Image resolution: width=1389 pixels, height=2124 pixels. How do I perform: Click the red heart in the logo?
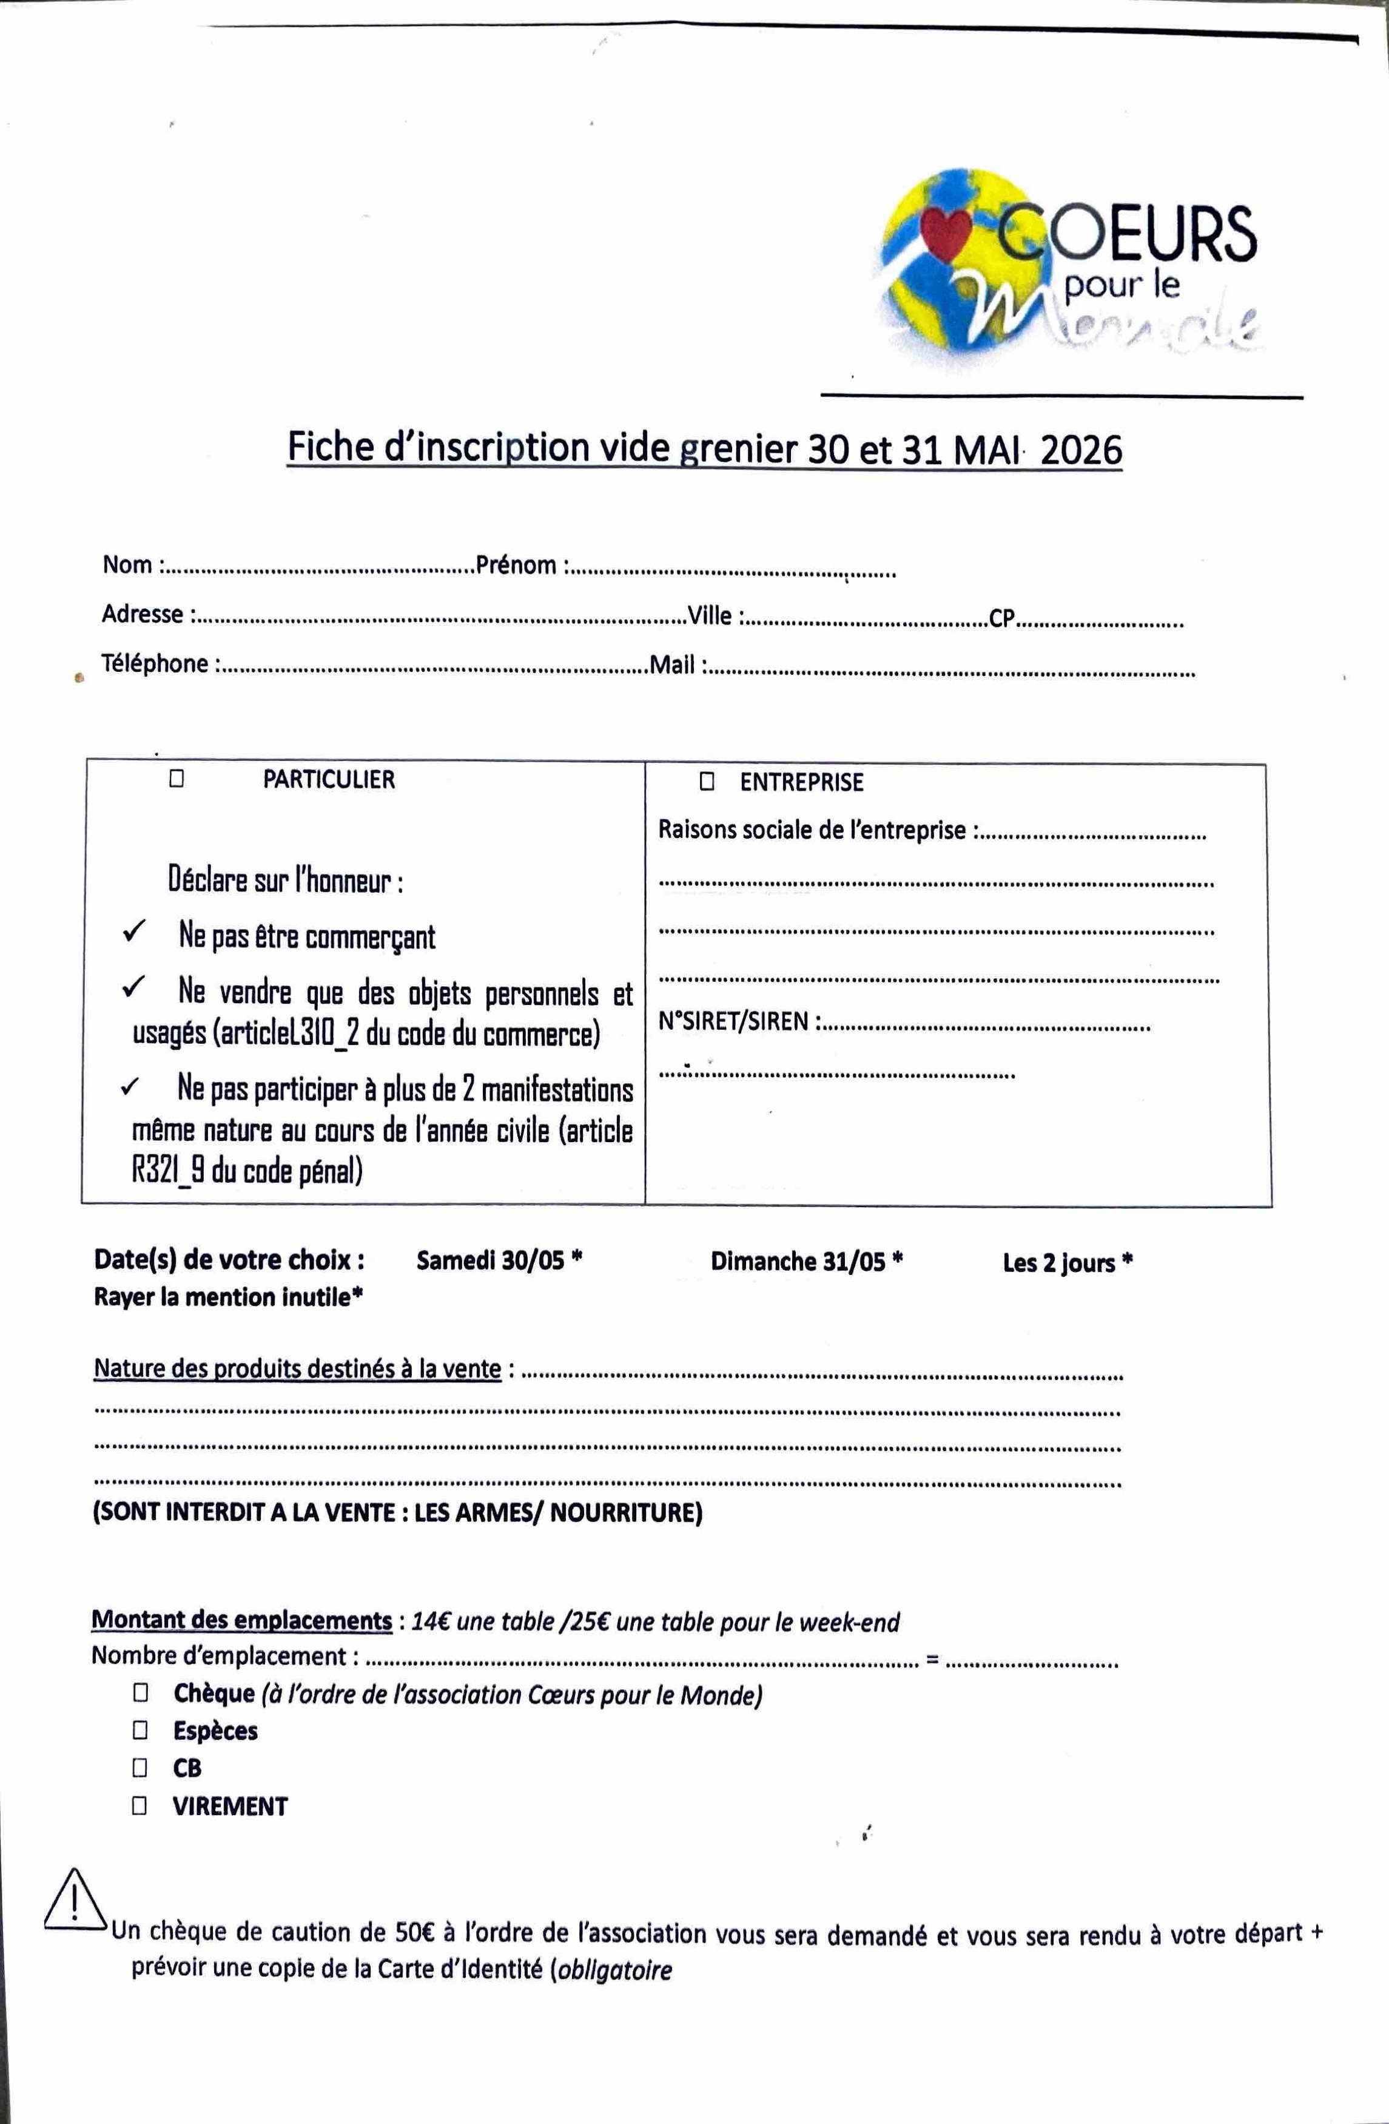click(x=946, y=235)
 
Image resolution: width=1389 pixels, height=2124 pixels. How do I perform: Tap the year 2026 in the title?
click(x=1080, y=449)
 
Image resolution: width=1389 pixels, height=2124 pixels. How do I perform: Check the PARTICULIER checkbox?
click(x=177, y=778)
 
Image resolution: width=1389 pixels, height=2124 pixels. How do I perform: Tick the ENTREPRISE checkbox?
click(x=707, y=782)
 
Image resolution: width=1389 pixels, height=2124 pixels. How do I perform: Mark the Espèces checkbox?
click(x=141, y=1730)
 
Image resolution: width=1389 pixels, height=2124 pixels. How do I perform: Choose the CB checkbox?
click(x=140, y=1767)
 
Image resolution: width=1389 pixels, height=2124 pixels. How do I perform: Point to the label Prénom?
click(x=516, y=564)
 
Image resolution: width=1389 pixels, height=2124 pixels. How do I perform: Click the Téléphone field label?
click(x=154, y=663)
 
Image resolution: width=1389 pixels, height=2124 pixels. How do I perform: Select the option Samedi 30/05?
click(x=491, y=1259)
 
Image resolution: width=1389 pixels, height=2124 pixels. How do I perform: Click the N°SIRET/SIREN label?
click(x=733, y=1021)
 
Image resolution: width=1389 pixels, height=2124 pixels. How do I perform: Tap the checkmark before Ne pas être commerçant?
click(x=135, y=932)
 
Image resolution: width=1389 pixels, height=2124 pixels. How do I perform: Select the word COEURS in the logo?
click(x=1126, y=234)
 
